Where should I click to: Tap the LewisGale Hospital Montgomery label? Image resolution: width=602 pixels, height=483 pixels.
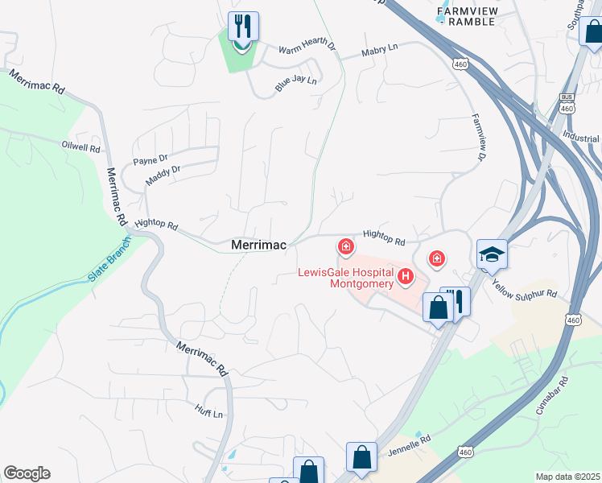(346, 277)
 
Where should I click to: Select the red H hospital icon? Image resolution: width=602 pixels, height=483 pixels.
(406, 278)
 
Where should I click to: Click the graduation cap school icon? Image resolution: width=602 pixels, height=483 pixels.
(492, 255)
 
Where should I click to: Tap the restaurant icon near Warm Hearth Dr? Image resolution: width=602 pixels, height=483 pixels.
(243, 27)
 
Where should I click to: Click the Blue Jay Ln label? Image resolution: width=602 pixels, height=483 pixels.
(296, 80)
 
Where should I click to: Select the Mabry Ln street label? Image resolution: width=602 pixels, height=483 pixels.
(380, 51)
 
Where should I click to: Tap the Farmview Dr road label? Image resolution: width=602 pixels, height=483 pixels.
(480, 142)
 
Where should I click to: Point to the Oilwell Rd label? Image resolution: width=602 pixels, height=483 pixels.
(80, 148)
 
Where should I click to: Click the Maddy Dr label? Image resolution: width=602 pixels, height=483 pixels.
(163, 175)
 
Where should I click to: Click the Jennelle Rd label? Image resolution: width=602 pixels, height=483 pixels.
(410, 443)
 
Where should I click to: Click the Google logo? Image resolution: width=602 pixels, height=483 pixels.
(27, 473)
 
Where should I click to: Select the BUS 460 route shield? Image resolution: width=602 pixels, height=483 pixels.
(567, 103)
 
